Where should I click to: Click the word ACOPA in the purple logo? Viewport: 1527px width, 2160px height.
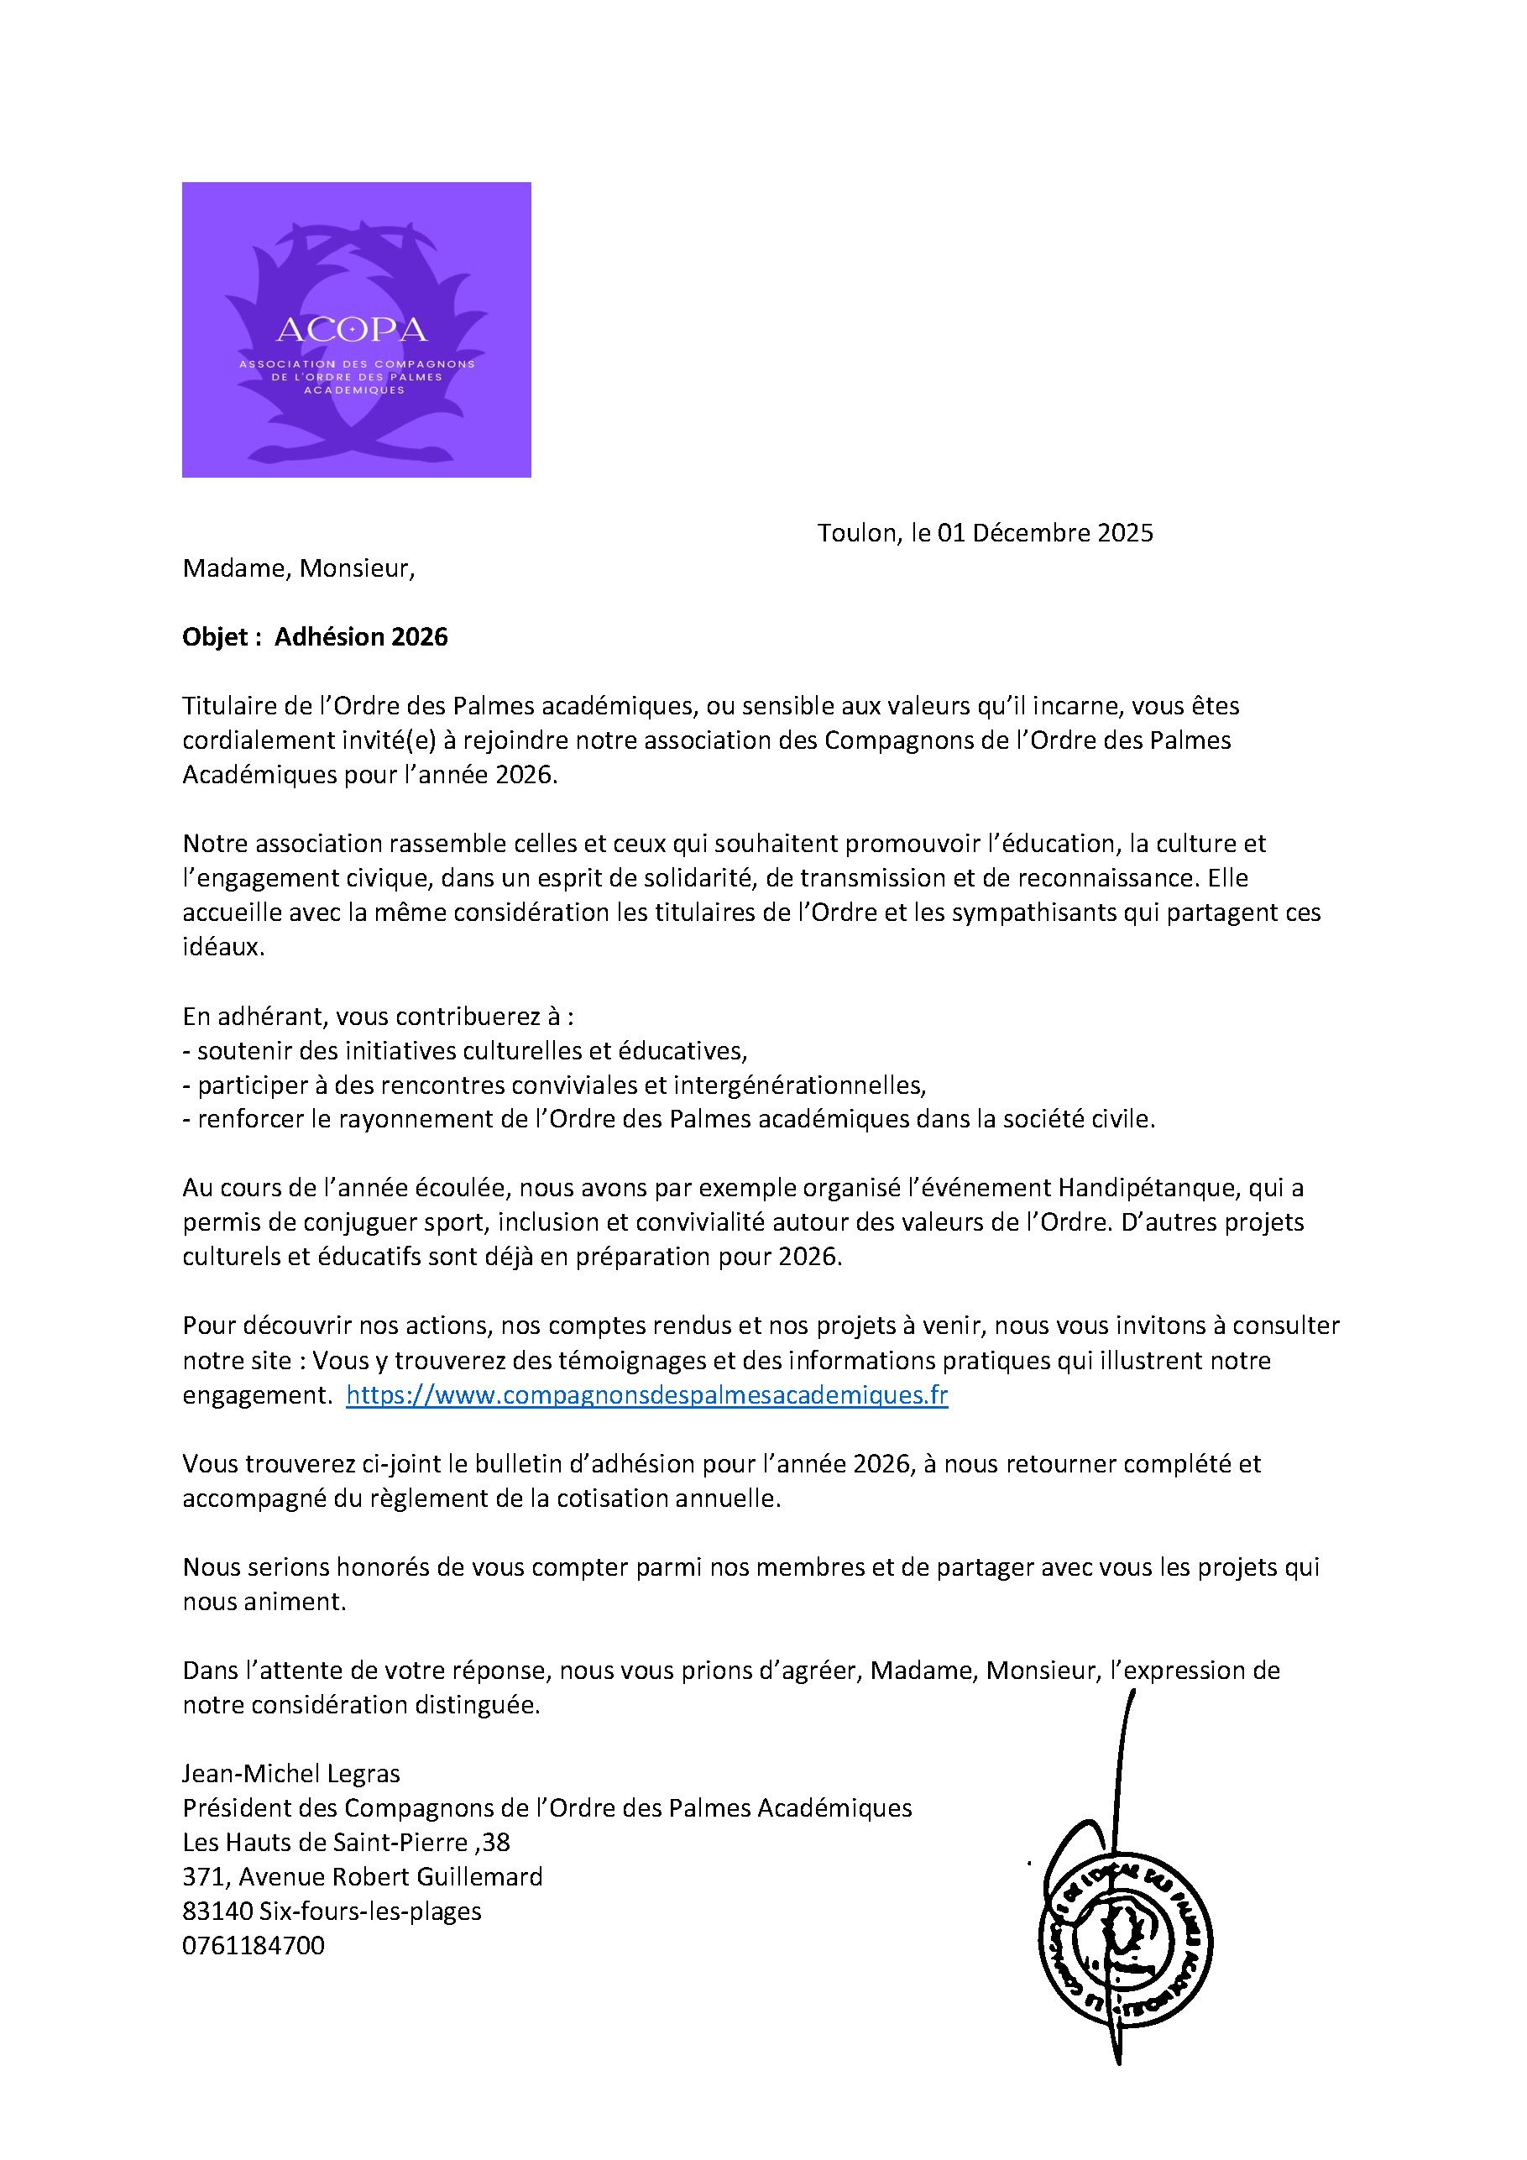(x=352, y=329)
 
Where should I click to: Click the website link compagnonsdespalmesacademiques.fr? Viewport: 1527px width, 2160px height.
(x=646, y=1395)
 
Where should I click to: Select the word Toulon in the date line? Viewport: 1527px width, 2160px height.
(x=856, y=533)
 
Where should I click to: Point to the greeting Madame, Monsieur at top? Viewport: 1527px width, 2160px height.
(x=298, y=568)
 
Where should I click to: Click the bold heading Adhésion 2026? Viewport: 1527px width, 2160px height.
(x=361, y=637)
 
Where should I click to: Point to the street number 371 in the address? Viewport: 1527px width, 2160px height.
(x=203, y=1877)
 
